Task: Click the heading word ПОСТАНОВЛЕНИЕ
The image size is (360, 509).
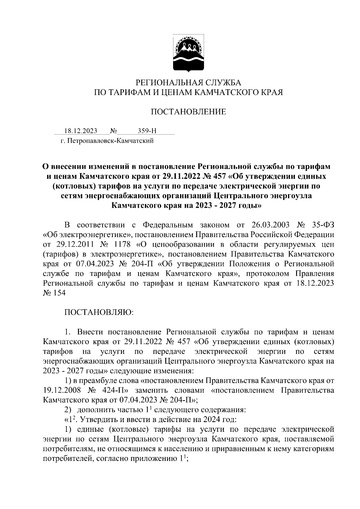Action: point(188,112)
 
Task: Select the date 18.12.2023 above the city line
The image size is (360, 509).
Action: point(80,131)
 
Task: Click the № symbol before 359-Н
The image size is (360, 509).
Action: point(114,131)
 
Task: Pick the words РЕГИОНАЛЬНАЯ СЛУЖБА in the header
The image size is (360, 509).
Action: point(189,82)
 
